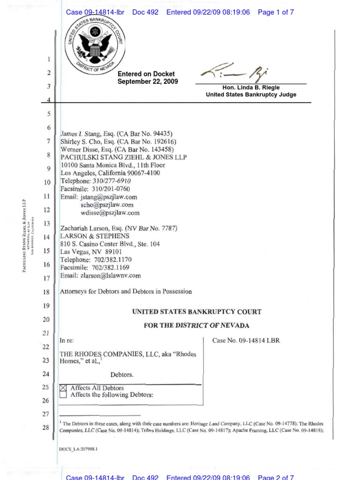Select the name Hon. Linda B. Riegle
coord(251,88)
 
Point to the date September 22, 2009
coord(148,81)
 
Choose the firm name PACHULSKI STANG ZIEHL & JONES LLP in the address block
coord(124,157)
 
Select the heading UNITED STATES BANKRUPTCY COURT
coord(196,312)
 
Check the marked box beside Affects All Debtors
coord(64,388)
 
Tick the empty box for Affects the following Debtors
coord(64,395)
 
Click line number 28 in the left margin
coord(46,427)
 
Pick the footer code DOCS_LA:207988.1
coord(78,449)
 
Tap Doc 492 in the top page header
coord(145,12)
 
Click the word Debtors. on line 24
coord(122,375)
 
